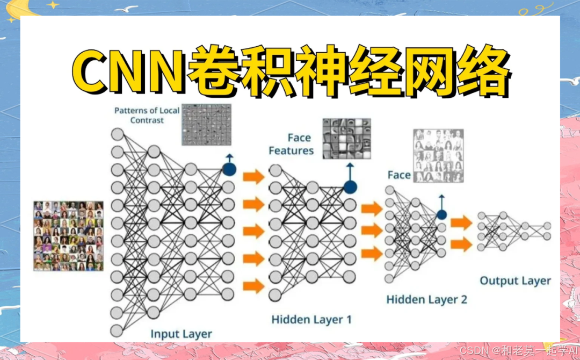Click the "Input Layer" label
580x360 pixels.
(x=181, y=334)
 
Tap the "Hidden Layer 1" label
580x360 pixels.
(x=311, y=320)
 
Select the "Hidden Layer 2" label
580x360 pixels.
(x=426, y=299)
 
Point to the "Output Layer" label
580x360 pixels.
(x=515, y=280)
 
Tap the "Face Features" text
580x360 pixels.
(x=291, y=145)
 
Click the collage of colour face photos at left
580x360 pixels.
(x=68, y=235)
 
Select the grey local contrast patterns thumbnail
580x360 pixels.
(x=206, y=125)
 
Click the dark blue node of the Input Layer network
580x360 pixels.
(x=229, y=169)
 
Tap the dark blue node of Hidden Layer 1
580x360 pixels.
(x=350, y=187)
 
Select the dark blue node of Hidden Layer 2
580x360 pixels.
(x=441, y=215)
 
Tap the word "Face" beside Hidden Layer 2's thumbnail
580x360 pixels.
(x=398, y=175)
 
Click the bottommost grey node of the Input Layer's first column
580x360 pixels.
(x=117, y=329)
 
